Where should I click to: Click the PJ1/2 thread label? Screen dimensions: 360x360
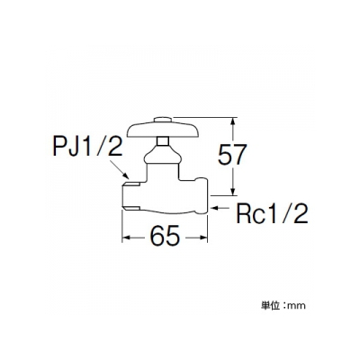pos(87,146)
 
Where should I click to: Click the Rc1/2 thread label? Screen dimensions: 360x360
pos(272,213)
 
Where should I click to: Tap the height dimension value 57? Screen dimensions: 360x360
pos(232,155)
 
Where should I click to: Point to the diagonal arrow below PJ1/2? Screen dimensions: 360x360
pos(120,170)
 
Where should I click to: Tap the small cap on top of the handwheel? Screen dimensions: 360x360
pos(163,120)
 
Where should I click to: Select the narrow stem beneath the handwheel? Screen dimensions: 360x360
pos(163,141)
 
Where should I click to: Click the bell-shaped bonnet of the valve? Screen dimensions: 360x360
pos(163,156)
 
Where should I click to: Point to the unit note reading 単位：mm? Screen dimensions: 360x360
pos(283,305)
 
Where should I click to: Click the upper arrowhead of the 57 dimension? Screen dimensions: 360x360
pos(233,122)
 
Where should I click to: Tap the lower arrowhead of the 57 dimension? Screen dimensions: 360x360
pos(233,190)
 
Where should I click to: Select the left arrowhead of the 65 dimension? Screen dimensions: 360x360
pos(127,238)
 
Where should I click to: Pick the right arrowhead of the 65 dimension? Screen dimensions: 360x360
pos(202,238)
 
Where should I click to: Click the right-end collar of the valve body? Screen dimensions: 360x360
pos(202,195)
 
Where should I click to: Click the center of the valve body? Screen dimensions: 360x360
pos(164,196)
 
